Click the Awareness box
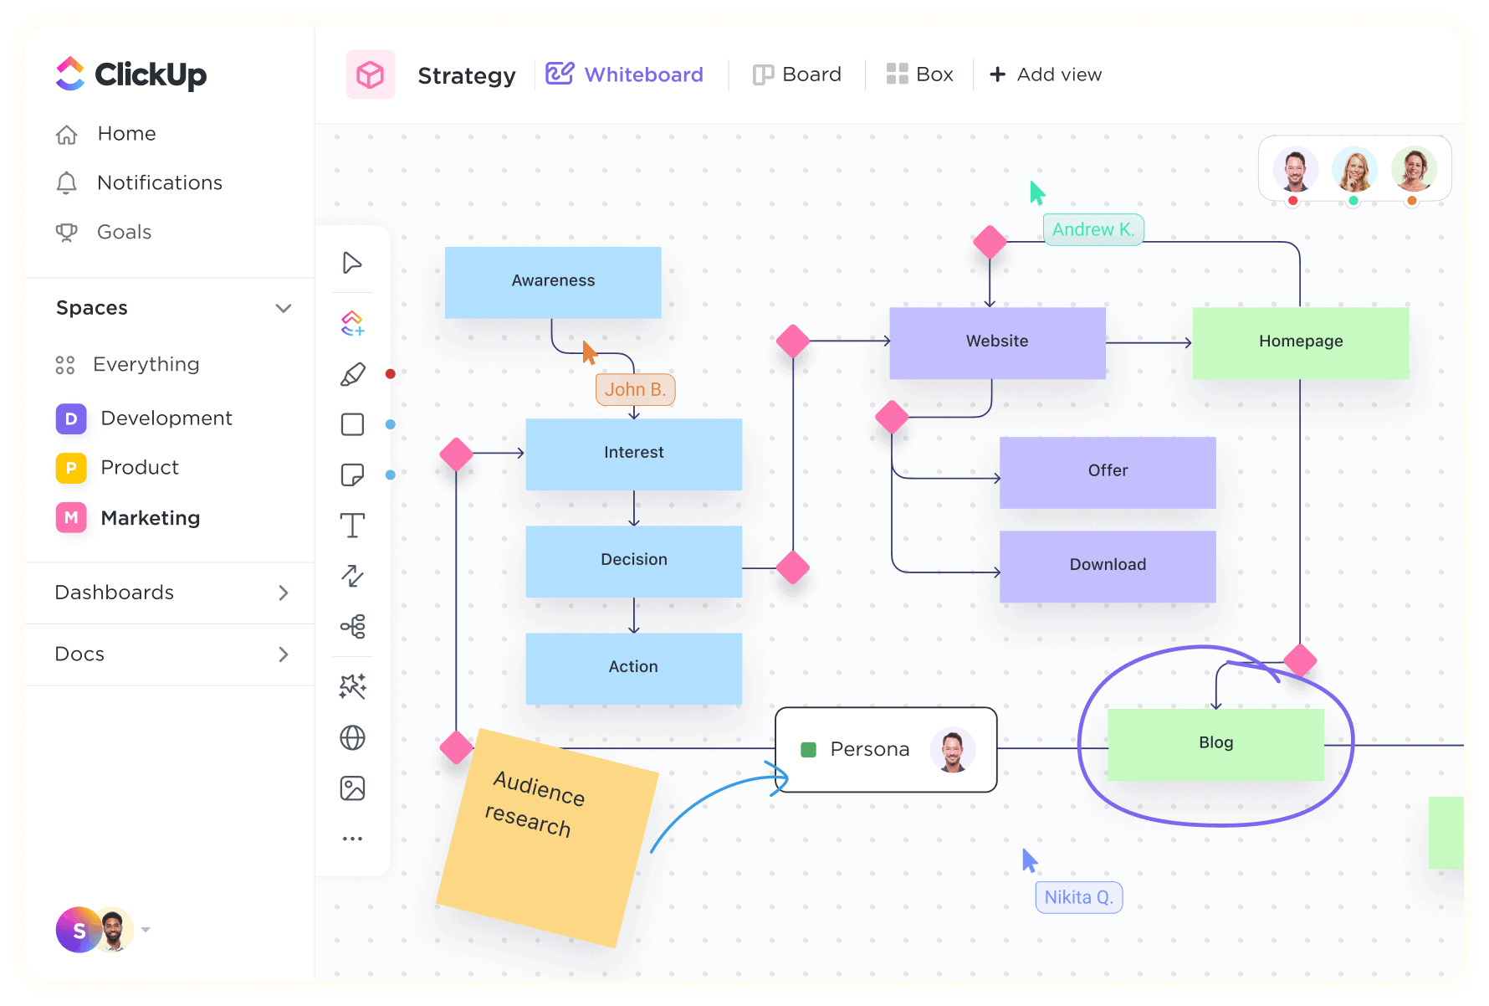tap(553, 282)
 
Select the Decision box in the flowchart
tap(633, 561)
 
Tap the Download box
tap(1108, 566)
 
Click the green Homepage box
tap(1300, 342)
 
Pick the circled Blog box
tap(1215, 744)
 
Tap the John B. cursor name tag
tap(635, 390)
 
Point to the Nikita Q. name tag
tap(1078, 898)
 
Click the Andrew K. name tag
tap(1092, 230)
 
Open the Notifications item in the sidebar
tap(159, 183)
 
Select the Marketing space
tap(150, 519)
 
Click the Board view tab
tap(797, 75)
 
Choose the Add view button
tap(1046, 75)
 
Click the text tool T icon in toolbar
tap(352, 526)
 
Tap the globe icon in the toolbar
tap(352, 738)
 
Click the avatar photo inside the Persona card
tap(952, 750)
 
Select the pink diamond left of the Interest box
tap(456, 454)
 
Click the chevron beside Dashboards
tap(284, 593)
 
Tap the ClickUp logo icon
tap(70, 74)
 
